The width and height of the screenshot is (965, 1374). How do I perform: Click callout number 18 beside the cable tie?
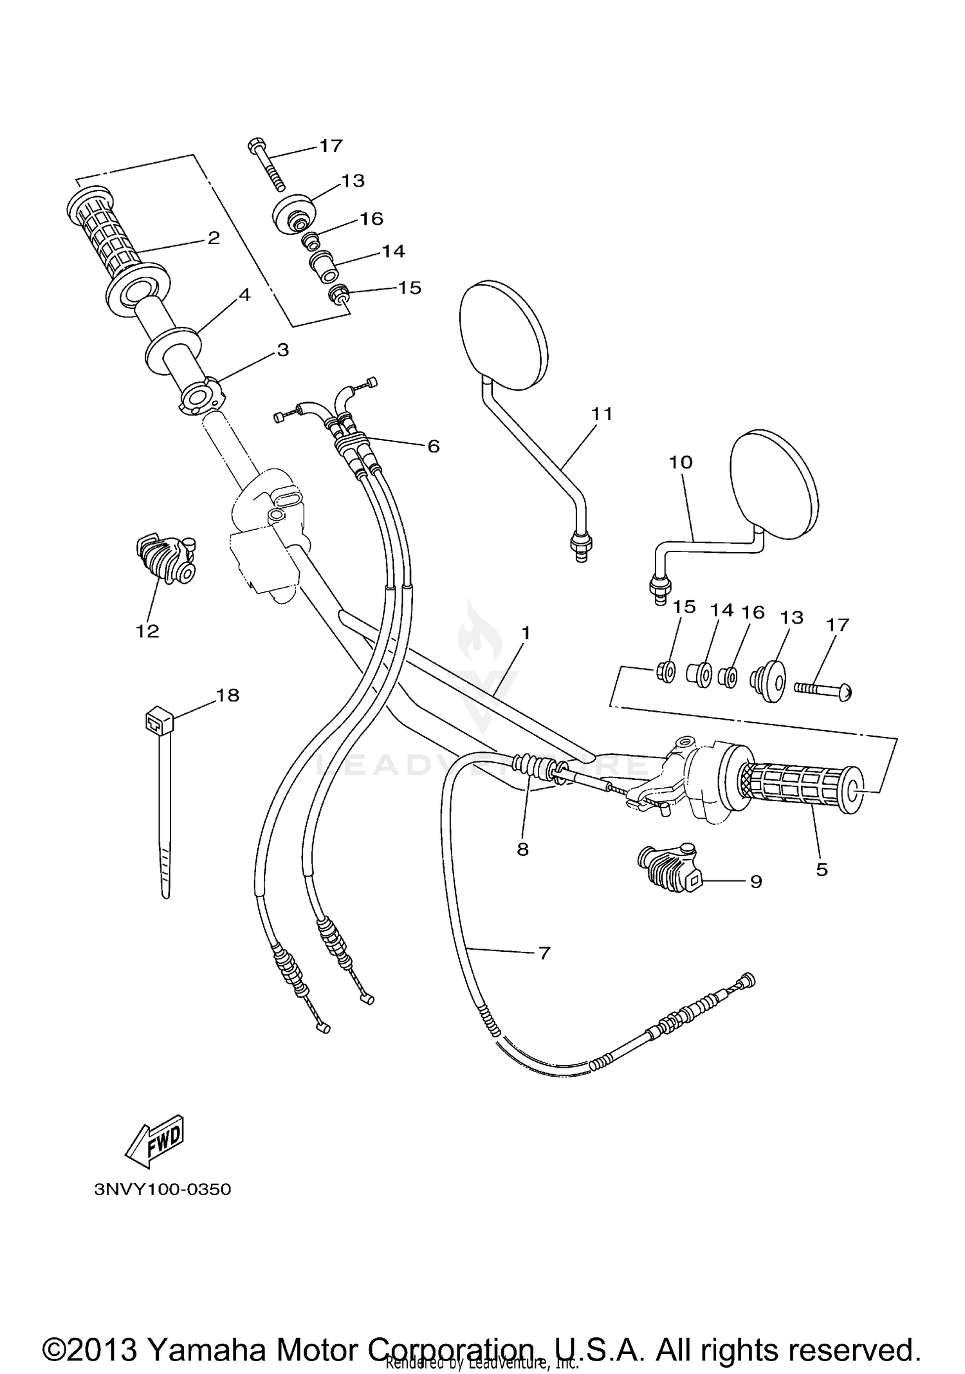(x=228, y=695)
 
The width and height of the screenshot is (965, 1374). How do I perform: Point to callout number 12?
(x=147, y=631)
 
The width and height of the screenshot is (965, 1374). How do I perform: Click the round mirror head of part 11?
(x=505, y=336)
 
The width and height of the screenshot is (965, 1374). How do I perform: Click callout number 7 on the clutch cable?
(x=544, y=952)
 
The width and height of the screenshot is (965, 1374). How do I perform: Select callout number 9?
(x=756, y=881)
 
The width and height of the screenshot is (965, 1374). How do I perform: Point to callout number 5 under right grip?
(x=822, y=869)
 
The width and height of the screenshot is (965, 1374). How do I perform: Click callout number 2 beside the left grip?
(x=214, y=238)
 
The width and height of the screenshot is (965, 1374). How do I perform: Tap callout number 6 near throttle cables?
(x=434, y=445)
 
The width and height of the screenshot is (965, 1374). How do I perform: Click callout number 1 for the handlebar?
(x=526, y=633)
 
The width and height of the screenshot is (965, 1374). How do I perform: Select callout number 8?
(x=522, y=849)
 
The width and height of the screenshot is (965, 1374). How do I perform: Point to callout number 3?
(x=282, y=350)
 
